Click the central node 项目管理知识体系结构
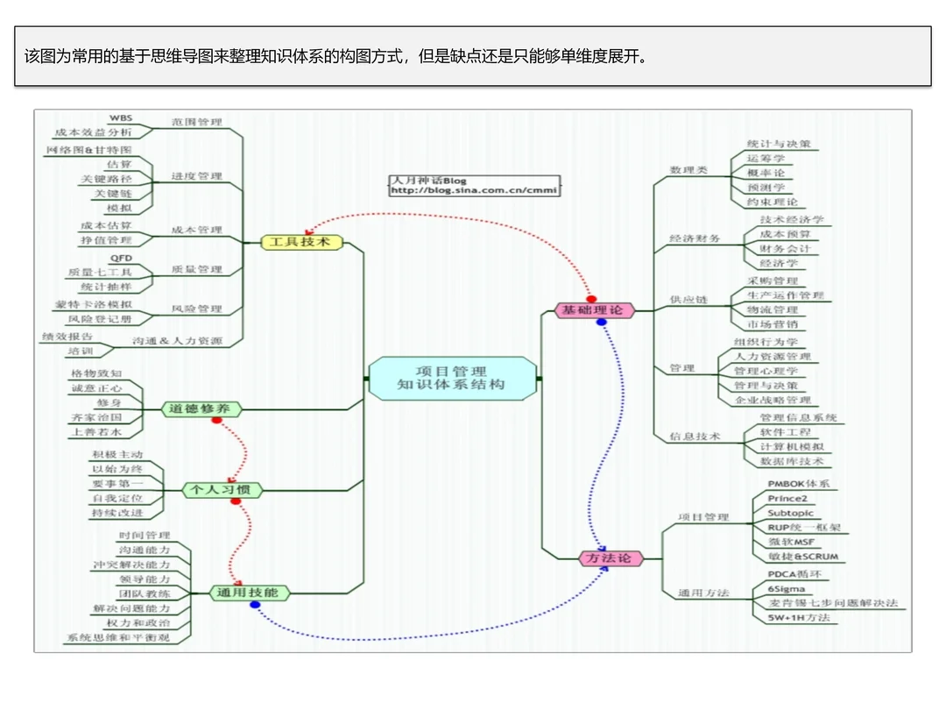[451, 379]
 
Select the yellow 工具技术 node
[300, 242]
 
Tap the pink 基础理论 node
[593, 310]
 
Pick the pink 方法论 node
[611, 558]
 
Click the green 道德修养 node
[201, 408]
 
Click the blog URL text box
[473, 186]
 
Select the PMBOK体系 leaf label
[798, 483]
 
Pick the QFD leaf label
[121, 258]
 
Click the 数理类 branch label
[688, 170]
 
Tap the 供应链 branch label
[688, 300]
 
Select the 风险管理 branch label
[197, 309]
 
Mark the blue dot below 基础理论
[601, 323]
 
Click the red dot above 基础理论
[591, 299]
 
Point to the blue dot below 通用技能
[254, 605]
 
